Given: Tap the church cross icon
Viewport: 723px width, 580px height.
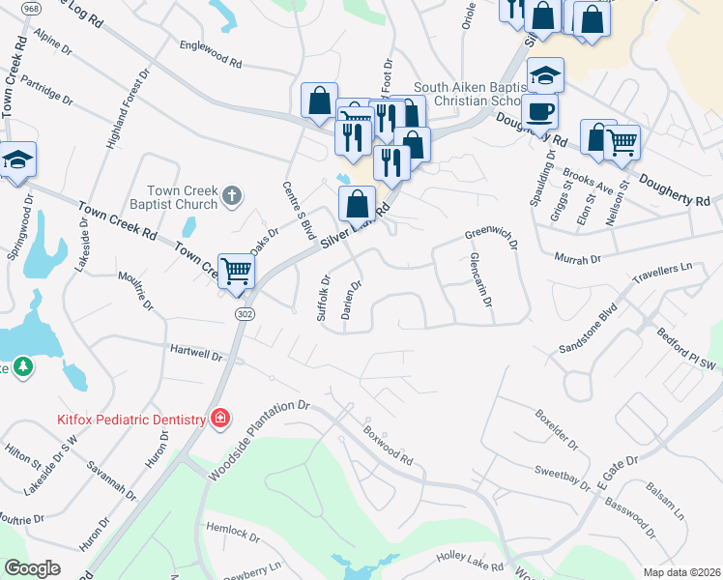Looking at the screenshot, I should pyautogui.click(x=230, y=197).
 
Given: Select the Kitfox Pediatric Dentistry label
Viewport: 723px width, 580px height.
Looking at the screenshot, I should pyautogui.click(x=130, y=420).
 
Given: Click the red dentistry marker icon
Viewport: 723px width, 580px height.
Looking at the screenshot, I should pyautogui.click(x=221, y=419).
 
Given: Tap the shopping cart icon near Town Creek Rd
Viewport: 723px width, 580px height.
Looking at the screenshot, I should pyautogui.click(x=236, y=271).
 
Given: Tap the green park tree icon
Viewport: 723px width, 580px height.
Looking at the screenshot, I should pyautogui.click(x=23, y=366).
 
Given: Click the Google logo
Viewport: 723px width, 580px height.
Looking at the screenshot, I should pyautogui.click(x=32, y=568).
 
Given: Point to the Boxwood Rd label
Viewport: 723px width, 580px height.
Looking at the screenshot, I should pyautogui.click(x=388, y=446).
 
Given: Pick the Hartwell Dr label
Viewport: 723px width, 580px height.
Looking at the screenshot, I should pyautogui.click(x=196, y=354).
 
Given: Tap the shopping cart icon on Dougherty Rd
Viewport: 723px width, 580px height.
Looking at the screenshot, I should pyautogui.click(x=622, y=142).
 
